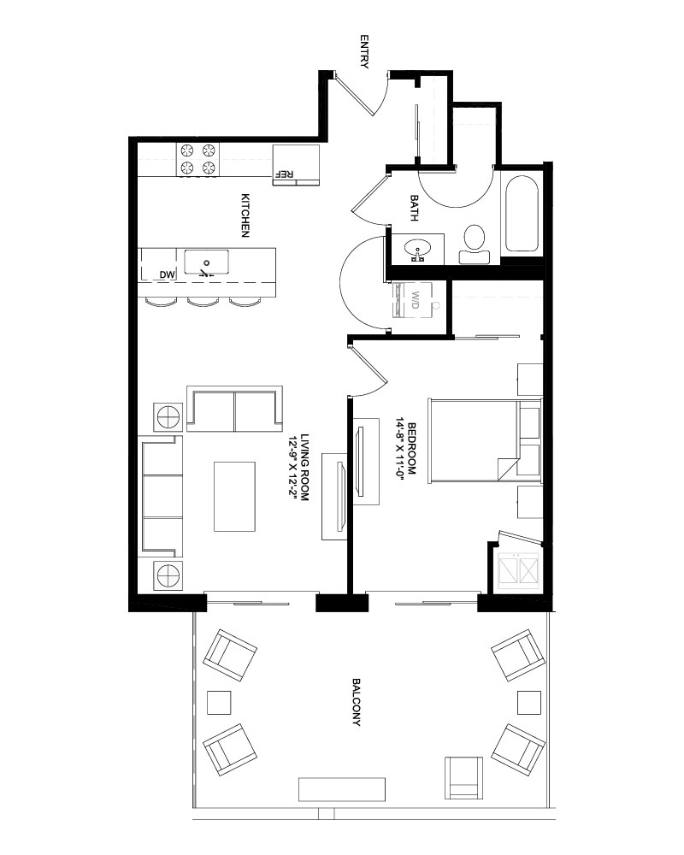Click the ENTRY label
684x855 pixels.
tap(364, 52)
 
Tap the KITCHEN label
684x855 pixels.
tap(245, 215)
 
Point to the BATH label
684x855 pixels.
tap(414, 208)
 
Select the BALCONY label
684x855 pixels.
tap(357, 702)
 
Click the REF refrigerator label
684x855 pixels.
tap(286, 174)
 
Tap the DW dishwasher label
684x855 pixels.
tap(168, 275)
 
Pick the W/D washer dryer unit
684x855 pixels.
tap(414, 300)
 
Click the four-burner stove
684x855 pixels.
tap(198, 159)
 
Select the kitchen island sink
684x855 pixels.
tap(206, 262)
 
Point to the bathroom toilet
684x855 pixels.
tap(475, 245)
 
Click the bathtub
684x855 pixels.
tap(522, 213)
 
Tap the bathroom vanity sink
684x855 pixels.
tap(418, 249)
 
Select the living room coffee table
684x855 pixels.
tap(234, 497)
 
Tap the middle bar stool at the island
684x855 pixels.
tap(203, 302)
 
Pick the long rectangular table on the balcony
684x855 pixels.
tap(342, 789)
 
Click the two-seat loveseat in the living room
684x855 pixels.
tap(235, 409)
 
